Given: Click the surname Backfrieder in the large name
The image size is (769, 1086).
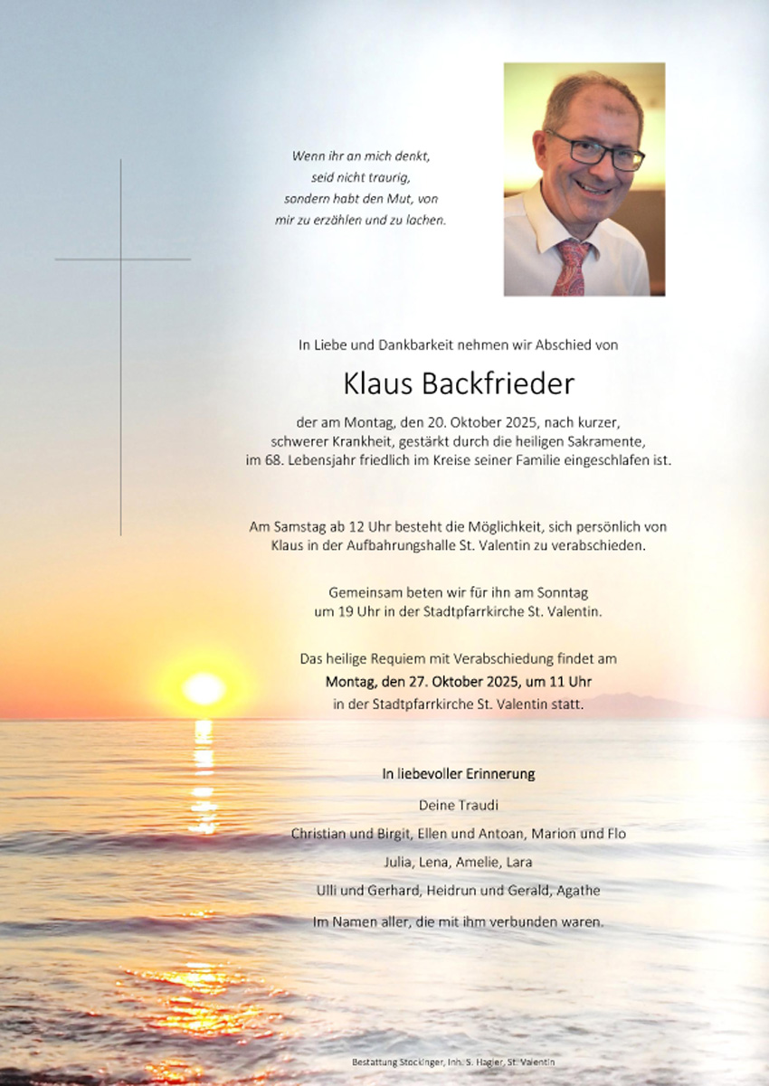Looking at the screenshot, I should pos(498,384).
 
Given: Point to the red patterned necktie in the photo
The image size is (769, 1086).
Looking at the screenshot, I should pos(572,266).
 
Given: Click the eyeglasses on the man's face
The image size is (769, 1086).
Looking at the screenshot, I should pos(596,151).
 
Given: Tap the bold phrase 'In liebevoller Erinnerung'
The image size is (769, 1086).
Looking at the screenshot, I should pos(458,774).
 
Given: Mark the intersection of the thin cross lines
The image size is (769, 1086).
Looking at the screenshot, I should pos(120,260).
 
